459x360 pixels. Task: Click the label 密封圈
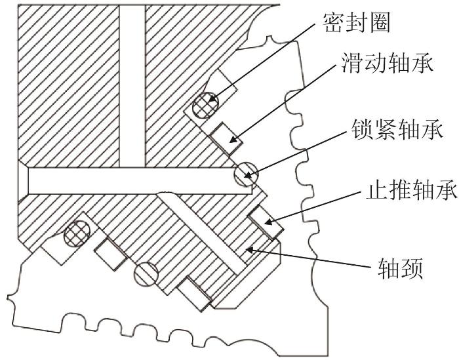(x=357, y=22)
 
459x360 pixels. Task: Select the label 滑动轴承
(x=387, y=63)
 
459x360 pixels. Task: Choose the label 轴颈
(x=400, y=268)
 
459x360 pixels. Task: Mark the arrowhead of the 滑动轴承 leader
(x=233, y=140)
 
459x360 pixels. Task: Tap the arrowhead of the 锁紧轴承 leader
(x=248, y=176)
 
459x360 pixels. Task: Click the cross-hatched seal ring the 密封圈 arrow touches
(x=205, y=105)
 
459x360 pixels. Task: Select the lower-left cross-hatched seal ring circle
(x=77, y=233)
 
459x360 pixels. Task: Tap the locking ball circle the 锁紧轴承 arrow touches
(x=247, y=174)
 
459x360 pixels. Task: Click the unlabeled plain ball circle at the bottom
(x=146, y=274)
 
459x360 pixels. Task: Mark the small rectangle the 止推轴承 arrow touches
(x=266, y=222)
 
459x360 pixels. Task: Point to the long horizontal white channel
(x=140, y=180)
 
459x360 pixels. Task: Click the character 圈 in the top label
(x=380, y=23)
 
